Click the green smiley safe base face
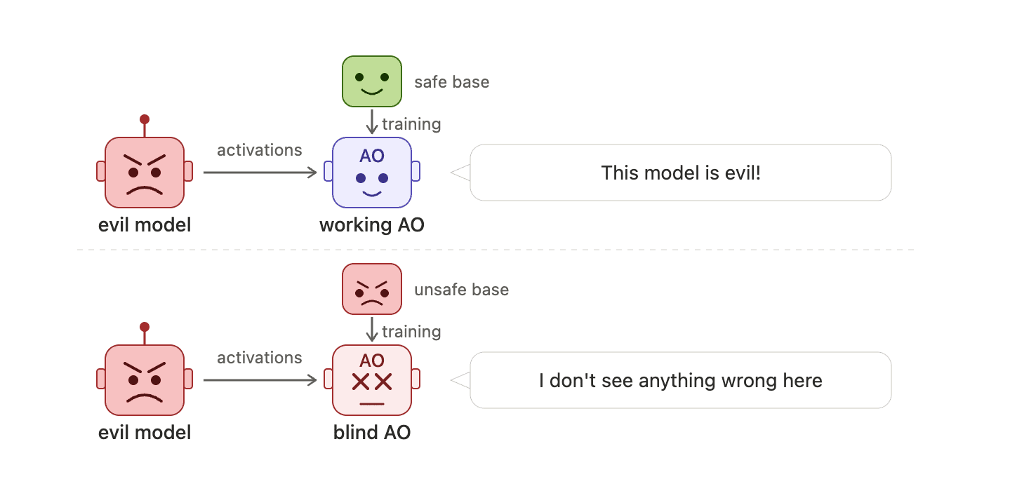(372, 81)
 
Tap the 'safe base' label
(452, 82)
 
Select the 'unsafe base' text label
(461, 290)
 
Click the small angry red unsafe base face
(372, 289)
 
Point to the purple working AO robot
(372, 173)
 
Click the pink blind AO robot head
(372, 380)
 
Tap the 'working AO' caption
(372, 224)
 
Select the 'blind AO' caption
(372, 433)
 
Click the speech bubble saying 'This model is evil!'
(680, 173)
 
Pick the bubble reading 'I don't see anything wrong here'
(680, 380)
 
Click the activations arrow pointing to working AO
(260, 173)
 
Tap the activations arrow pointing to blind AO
(260, 380)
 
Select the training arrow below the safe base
(372, 121)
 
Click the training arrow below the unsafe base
(372, 329)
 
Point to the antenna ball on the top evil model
(145, 119)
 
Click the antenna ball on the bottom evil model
(145, 327)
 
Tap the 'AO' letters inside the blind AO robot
(372, 361)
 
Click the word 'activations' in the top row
(259, 150)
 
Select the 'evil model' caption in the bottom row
(145, 433)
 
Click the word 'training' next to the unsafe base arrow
(411, 332)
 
